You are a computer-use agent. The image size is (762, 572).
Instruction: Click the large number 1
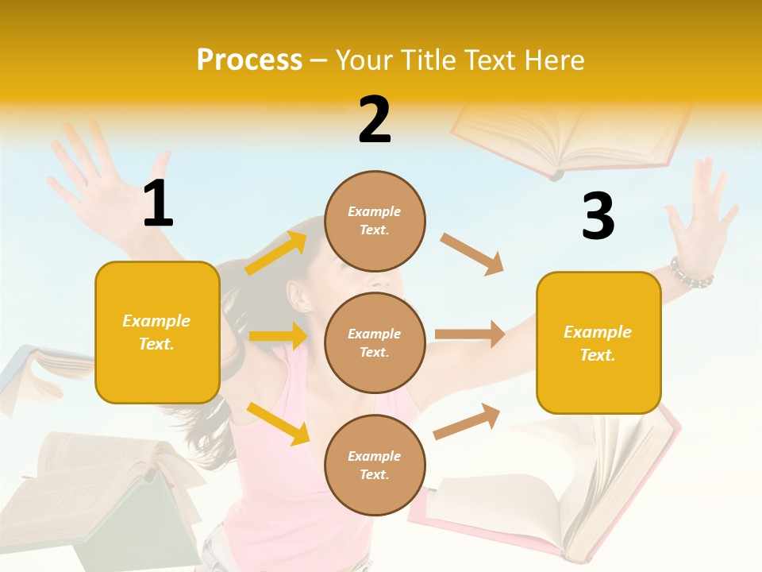(x=158, y=204)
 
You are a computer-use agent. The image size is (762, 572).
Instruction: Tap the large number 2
(x=375, y=120)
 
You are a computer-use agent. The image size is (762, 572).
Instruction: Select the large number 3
(x=598, y=216)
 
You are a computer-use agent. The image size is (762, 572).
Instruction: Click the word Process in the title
(x=249, y=60)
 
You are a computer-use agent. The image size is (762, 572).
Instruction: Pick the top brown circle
(x=375, y=221)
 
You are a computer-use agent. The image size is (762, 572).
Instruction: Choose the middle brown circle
(x=375, y=342)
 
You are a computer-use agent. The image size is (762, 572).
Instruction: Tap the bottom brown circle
(x=375, y=465)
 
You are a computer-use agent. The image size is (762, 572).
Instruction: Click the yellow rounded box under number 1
(x=157, y=332)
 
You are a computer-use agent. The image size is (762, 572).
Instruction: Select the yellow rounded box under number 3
(x=598, y=342)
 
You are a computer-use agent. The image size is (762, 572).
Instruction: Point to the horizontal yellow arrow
(x=278, y=336)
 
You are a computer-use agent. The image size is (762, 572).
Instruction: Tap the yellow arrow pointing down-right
(x=279, y=423)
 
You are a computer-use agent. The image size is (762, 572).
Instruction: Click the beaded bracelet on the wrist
(x=691, y=274)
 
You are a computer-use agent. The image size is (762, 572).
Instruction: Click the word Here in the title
(x=555, y=60)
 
